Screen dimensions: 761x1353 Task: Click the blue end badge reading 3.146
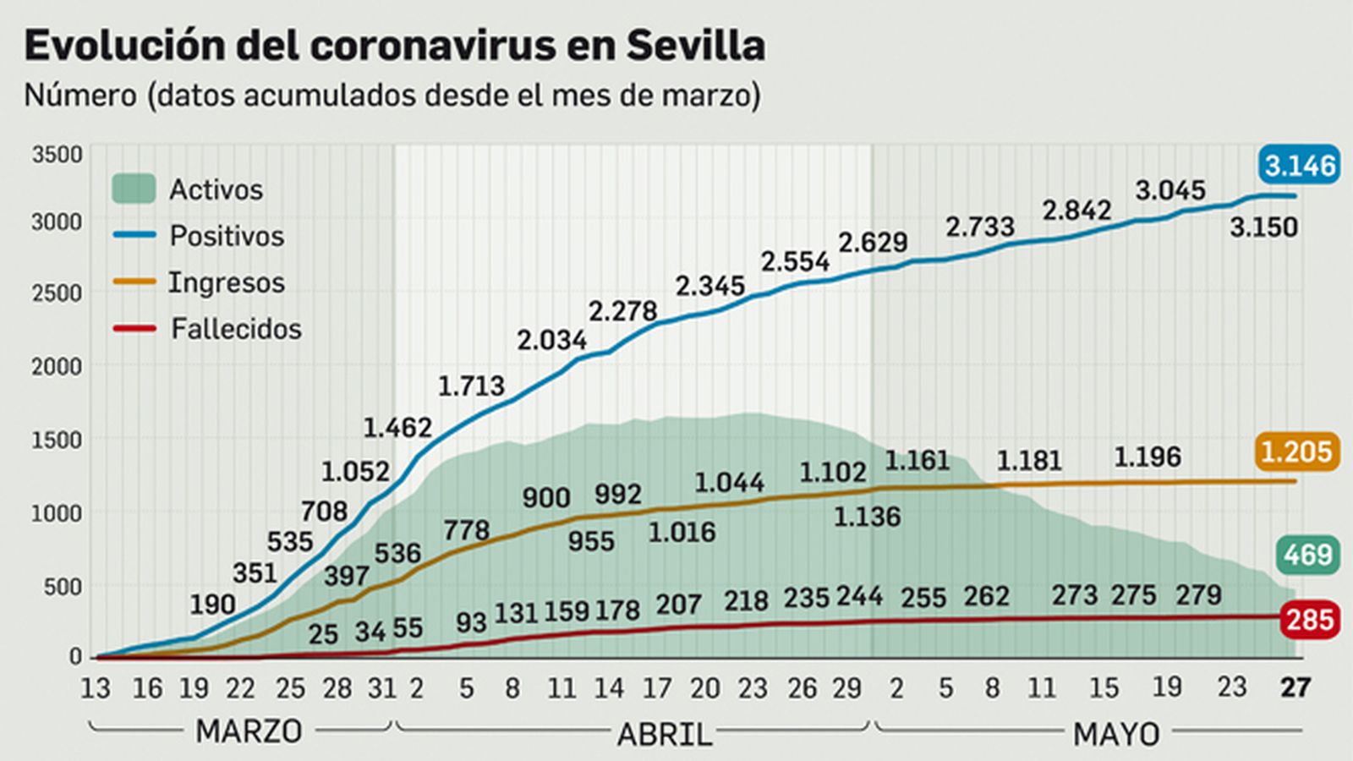point(1300,165)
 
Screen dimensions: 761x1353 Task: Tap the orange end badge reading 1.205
point(1296,452)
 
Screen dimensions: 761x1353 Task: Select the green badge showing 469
point(1307,556)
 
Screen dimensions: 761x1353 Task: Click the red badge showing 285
point(1309,620)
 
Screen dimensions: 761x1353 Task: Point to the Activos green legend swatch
point(134,189)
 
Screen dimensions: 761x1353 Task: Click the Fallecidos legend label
point(236,329)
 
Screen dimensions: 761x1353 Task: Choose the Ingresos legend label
point(227,282)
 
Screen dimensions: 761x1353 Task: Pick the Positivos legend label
point(227,236)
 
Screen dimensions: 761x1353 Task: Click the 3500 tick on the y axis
point(58,155)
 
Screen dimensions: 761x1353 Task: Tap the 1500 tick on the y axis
point(58,441)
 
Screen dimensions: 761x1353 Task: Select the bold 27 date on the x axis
point(1295,687)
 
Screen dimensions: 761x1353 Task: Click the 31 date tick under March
point(382,688)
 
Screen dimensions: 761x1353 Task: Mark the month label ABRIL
point(665,734)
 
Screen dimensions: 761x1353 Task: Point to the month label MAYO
point(1116,734)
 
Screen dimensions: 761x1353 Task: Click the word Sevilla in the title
point(695,45)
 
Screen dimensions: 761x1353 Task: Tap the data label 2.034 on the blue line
point(552,341)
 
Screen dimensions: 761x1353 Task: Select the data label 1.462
point(397,428)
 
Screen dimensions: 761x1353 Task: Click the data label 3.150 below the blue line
point(1263,227)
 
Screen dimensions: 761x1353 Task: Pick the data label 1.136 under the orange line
point(868,517)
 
